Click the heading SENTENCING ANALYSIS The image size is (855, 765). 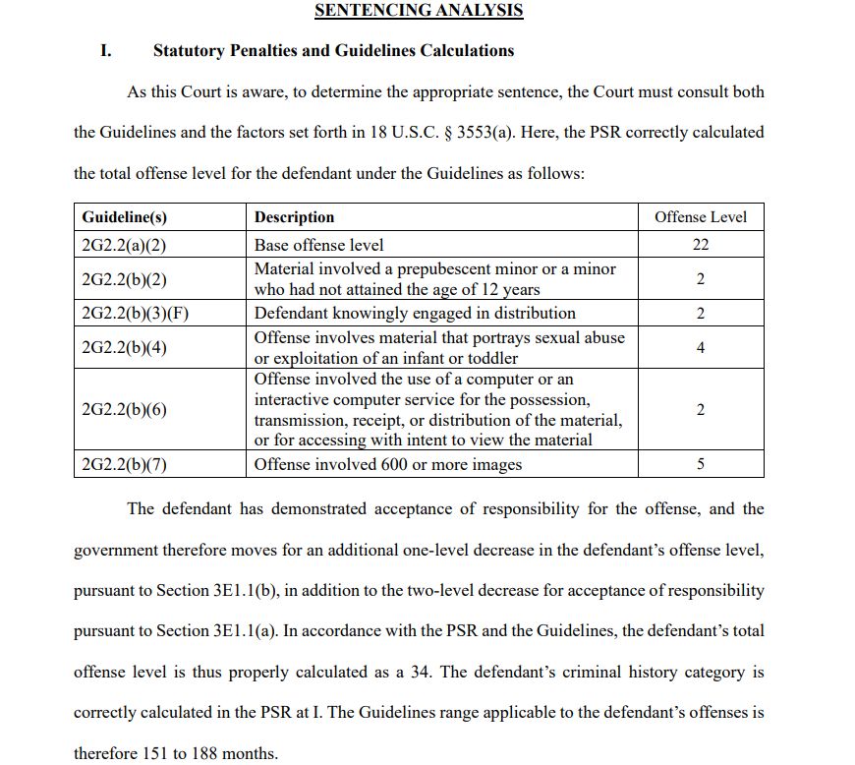coord(418,11)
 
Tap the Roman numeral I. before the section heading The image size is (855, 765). coord(106,50)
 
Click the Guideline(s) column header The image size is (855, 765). coord(125,217)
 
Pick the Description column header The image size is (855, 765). coord(294,217)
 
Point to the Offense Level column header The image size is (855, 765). coord(700,217)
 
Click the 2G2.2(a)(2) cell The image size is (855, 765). coord(125,245)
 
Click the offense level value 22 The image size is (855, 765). coord(700,245)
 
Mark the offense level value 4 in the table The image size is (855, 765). coord(700,347)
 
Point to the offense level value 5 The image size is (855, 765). coord(700,464)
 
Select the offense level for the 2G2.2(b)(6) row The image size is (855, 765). coord(700,409)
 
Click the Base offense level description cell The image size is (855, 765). coord(319,245)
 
